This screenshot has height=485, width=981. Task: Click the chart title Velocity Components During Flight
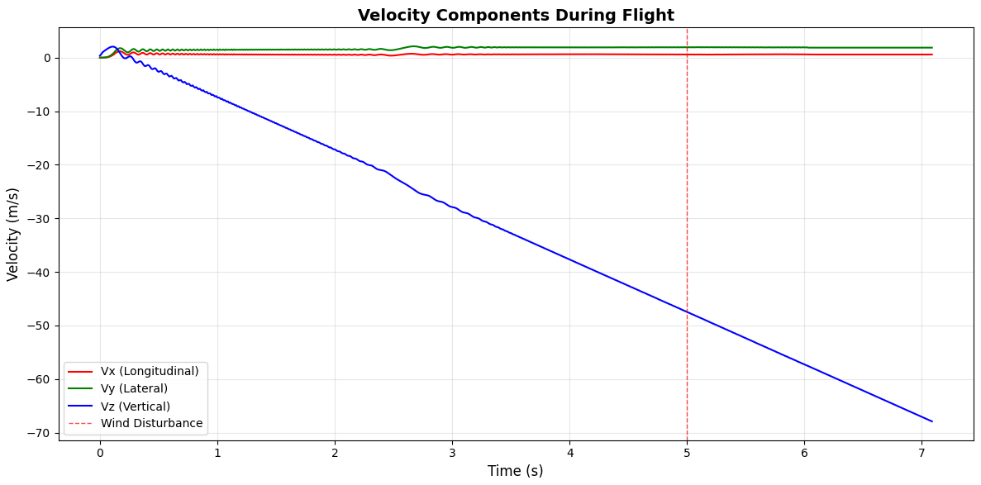(x=516, y=15)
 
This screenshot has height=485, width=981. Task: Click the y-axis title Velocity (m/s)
(x=13, y=234)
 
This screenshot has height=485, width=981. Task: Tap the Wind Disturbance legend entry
(x=151, y=424)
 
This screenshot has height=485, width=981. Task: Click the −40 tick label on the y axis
(x=40, y=273)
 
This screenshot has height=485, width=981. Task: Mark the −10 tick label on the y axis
(x=40, y=112)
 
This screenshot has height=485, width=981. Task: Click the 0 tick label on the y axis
(x=48, y=58)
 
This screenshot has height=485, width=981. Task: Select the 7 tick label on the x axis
(x=921, y=453)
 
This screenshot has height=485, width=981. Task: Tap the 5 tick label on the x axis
(x=687, y=453)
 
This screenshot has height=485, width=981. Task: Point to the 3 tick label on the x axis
(x=452, y=453)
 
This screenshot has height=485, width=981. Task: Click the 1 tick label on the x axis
(x=217, y=453)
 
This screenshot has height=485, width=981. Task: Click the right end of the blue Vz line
(x=931, y=421)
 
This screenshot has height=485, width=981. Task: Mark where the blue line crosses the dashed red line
(x=687, y=312)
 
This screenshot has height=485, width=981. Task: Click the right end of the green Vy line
(x=931, y=48)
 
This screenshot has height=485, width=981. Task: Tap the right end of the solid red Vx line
(x=931, y=55)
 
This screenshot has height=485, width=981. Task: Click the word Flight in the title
(x=650, y=15)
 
